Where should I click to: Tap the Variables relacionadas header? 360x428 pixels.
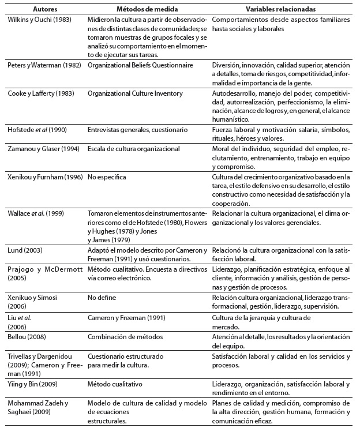click(x=278, y=10)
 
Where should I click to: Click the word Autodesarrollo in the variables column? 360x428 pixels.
click(x=232, y=93)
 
